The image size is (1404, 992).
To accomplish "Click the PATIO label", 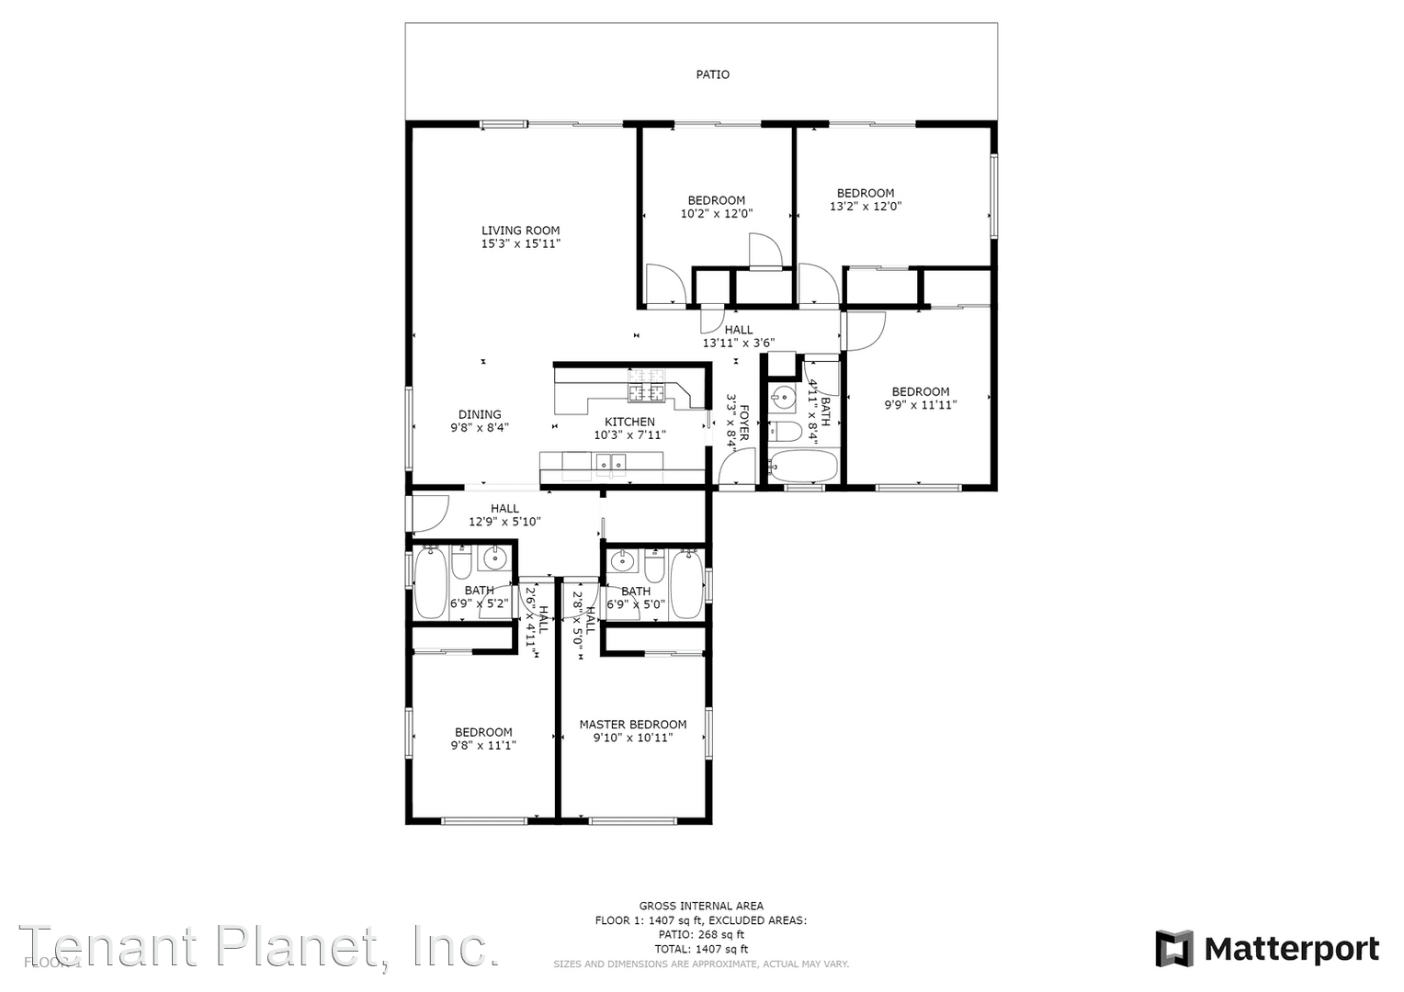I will click(x=712, y=74).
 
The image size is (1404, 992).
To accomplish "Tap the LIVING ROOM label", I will click(x=520, y=231).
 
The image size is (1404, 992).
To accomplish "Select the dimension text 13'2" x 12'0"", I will click(x=866, y=207).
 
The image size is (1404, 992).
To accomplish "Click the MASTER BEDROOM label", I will click(x=632, y=724).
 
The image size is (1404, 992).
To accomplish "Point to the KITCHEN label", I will click(x=629, y=422).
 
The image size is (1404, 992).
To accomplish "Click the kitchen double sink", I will click(x=609, y=463).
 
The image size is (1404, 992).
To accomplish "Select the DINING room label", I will click(x=480, y=414).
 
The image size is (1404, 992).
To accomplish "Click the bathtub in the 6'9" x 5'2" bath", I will click(x=430, y=582).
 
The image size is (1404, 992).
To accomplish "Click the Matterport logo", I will click(x=1267, y=949).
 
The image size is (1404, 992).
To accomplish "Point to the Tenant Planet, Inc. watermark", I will click(x=259, y=946).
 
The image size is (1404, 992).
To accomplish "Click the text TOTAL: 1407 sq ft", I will click(x=700, y=949).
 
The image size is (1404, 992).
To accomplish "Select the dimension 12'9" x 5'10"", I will click(x=504, y=522).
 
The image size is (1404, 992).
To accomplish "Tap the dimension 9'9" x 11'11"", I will click(x=921, y=404).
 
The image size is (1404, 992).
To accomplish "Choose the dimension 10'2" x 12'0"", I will click(x=716, y=214).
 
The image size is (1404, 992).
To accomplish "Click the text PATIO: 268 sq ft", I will click(x=700, y=934).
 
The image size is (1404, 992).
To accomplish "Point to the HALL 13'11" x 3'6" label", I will click(x=738, y=330).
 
